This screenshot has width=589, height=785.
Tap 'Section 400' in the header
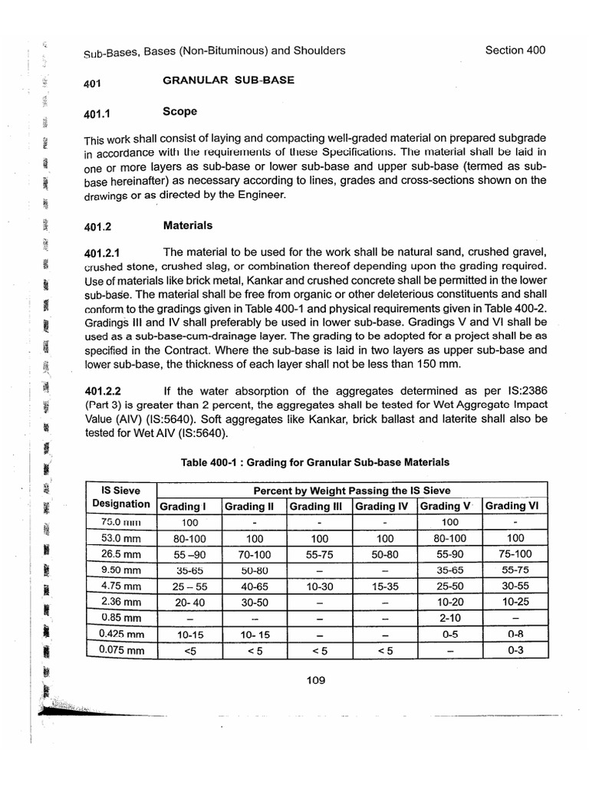[x=515, y=51]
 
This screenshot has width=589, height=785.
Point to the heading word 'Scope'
[x=179, y=112]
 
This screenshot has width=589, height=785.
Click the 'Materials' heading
[x=188, y=226]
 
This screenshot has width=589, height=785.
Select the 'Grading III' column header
[x=319, y=506]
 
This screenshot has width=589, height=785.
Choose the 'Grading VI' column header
[x=515, y=506]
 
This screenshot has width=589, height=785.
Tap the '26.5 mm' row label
[x=120, y=554]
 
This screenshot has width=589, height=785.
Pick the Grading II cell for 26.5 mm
[x=254, y=554]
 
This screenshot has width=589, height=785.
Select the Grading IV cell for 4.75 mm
[x=384, y=586]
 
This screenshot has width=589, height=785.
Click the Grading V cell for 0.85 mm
[x=450, y=619]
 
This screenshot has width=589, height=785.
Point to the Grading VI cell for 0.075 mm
[x=515, y=651]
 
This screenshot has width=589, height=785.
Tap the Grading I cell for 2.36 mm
[x=189, y=603]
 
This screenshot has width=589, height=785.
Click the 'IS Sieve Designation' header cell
[x=120, y=498]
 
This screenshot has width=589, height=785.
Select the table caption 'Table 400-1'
[x=314, y=462]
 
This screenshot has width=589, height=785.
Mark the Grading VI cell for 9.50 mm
[x=515, y=570]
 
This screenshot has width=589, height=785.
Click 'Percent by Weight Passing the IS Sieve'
[x=352, y=490]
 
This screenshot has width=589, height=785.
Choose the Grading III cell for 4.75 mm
[x=319, y=586]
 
